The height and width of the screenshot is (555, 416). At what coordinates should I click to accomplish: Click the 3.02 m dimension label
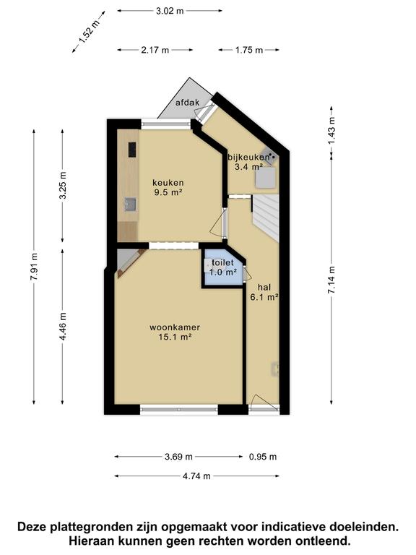(x=170, y=11)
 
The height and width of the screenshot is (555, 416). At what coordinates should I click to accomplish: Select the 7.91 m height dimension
(x=34, y=267)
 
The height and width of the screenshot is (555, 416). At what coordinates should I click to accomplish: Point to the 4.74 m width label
(x=196, y=476)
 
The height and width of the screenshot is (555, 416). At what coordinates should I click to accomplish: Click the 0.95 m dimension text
(x=263, y=457)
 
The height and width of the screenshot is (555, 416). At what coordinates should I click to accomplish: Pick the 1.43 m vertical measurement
(x=331, y=130)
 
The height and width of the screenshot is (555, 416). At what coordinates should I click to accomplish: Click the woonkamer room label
(x=175, y=327)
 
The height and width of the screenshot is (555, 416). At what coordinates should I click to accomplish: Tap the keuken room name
(x=168, y=183)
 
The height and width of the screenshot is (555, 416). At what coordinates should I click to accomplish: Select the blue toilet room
(x=223, y=267)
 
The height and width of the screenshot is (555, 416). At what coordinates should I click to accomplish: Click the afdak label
(x=188, y=103)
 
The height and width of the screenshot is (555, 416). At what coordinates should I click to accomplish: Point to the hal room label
(x=264, y=287)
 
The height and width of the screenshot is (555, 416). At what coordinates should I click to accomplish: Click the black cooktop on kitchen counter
(x=132, y=150)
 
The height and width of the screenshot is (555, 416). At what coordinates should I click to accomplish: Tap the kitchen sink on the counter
(x=130, y=205)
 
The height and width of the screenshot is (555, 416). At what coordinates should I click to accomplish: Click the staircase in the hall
(x=265, y=218)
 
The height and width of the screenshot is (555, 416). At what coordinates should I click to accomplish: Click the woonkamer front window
(x=179, y=410)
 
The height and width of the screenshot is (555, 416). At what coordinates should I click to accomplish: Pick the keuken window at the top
(x=166, y=124)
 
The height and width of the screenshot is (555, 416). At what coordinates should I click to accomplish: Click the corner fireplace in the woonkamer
(x=129, y=262)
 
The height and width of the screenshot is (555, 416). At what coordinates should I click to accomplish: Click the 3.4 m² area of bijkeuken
(x=248, y=166)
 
